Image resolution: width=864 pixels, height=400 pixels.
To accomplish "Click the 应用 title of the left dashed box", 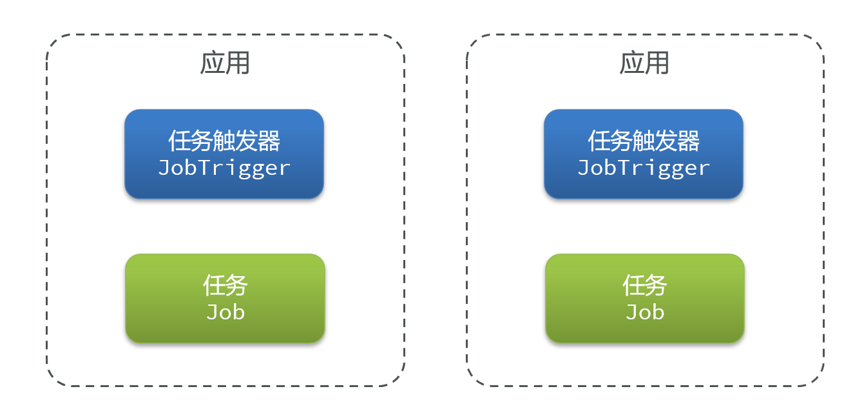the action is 225,63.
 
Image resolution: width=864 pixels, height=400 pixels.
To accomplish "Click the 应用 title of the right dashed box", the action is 644,63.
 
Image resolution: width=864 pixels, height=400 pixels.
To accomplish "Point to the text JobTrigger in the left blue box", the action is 224,168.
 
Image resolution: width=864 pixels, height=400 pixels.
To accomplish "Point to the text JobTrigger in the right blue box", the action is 644,168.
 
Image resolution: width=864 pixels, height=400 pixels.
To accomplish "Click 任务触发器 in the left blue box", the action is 224,141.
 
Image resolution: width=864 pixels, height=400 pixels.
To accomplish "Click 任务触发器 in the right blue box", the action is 644,141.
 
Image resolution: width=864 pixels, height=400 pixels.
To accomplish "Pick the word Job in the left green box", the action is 226,312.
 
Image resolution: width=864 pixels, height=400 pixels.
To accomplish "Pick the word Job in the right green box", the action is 645,312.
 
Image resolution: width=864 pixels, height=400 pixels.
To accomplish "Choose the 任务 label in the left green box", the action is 226,285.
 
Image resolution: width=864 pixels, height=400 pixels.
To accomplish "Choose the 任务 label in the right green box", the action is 645,285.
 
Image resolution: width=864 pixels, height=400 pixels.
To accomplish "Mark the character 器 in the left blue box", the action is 269,141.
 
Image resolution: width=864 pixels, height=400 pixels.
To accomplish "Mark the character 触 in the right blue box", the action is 644,141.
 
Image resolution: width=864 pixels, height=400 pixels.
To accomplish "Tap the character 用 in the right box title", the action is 657,63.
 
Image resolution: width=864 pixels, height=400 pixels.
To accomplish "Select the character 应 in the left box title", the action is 212,63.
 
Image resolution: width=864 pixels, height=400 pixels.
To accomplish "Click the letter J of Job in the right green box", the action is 632,312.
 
